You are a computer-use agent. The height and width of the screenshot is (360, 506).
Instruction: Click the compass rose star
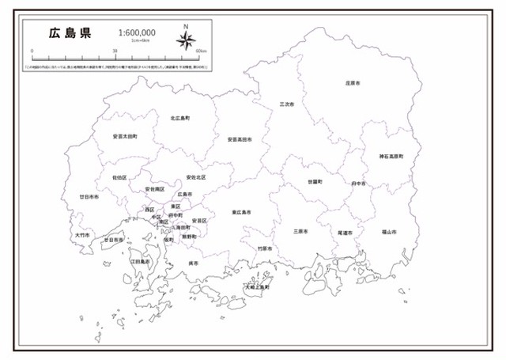187,41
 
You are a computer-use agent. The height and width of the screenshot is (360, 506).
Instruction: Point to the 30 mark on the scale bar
116,51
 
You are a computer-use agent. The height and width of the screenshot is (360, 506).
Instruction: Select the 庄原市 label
353,82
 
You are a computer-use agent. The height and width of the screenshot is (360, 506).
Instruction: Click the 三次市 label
286,104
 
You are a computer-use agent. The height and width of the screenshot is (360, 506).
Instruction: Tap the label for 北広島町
180,118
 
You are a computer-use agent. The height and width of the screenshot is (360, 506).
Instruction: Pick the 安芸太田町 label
125,136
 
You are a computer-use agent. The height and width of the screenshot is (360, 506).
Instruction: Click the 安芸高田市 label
239,139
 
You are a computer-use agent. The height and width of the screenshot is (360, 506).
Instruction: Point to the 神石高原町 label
391,157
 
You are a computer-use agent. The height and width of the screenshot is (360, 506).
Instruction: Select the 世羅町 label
315,182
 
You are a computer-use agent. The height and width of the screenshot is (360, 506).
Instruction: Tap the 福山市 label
388,232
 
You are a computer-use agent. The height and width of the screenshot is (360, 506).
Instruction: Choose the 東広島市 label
241,212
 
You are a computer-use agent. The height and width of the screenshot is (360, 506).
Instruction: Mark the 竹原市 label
264,248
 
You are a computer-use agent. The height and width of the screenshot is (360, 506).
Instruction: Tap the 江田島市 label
140,260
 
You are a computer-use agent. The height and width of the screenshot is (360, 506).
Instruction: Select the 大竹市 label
82,235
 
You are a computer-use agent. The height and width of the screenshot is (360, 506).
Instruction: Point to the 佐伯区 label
119,177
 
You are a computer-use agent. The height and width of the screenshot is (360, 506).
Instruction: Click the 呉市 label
194,263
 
